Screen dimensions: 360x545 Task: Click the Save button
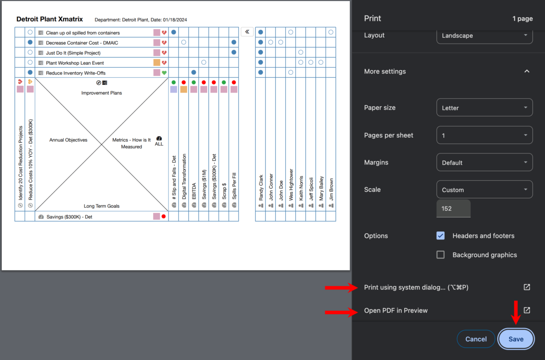pos(516,339)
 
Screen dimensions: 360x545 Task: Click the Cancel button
pos(476,339)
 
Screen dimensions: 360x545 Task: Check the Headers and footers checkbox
pos(440,235)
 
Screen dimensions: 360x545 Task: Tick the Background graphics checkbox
pos(440,255)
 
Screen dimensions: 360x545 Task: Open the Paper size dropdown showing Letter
pos(484,108)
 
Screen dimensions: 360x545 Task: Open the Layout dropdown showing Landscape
pos(484,35)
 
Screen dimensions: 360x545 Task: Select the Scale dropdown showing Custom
pos(484,190)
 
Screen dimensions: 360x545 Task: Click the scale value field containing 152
pos(453,209)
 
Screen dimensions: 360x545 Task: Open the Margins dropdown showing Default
pos(484,162)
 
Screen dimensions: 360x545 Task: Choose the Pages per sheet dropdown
pos(484,135)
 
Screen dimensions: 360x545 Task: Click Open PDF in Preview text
pos(396,310)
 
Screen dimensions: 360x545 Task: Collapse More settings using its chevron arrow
pos(527,71)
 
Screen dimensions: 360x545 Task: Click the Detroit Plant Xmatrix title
pos(50,20)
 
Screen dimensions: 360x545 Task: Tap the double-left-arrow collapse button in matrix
pos(247,32)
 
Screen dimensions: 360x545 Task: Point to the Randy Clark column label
pos(261,188)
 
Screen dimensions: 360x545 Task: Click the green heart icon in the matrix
pos(164,73)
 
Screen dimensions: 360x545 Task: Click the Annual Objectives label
pos(68,140)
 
